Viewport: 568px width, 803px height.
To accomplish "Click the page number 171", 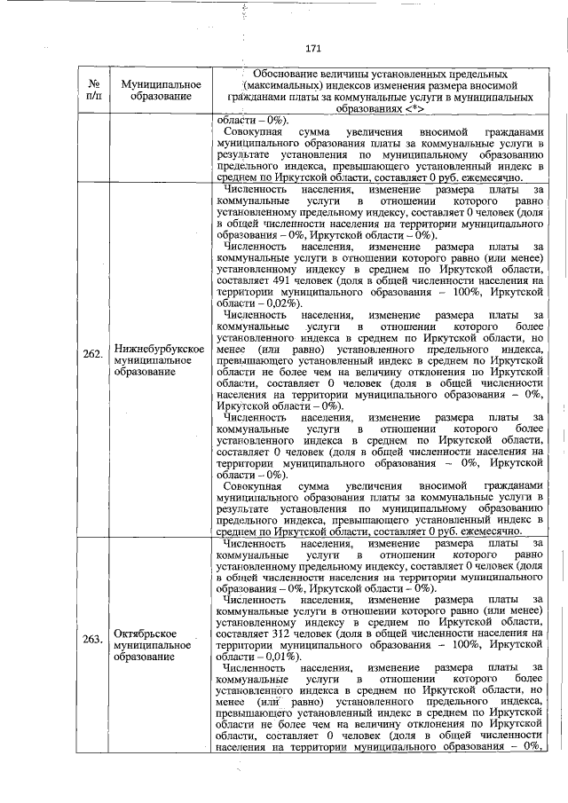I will click(312, 48).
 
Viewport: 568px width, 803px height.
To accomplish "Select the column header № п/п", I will click(93, 90).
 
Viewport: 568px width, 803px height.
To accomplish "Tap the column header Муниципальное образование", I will click(158, 90).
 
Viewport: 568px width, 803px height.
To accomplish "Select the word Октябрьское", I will click(148, 634).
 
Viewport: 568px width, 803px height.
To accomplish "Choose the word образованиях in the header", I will click(363, 110).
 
